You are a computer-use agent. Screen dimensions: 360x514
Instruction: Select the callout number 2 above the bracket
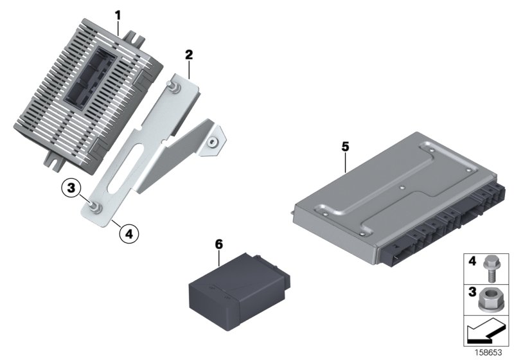coord(189,55)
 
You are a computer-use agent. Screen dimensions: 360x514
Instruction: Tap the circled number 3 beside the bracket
coord(72,188)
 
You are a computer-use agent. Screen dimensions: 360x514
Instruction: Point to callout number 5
coord(345,147)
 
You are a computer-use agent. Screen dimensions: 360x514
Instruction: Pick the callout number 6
coord(218,244)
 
